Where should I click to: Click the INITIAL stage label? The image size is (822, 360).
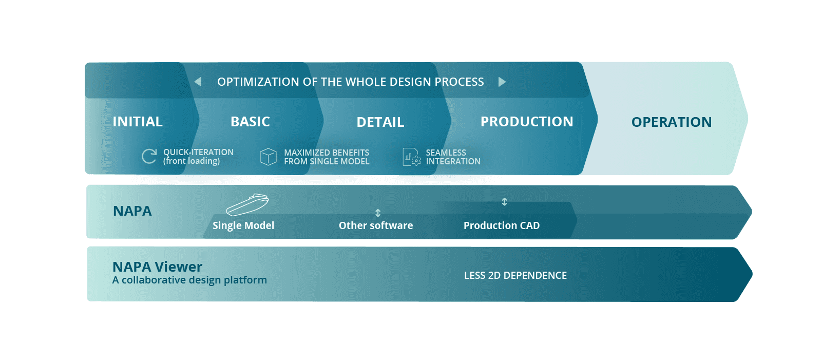138,122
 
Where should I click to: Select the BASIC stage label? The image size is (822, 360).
250,122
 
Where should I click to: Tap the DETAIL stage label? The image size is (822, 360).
380,122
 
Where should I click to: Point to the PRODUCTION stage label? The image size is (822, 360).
527,122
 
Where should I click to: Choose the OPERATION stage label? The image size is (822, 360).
672,122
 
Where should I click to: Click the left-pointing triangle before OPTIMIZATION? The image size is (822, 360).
198,82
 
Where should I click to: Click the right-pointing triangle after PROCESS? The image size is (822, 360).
502,82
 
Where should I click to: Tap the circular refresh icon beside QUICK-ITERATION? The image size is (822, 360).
149,156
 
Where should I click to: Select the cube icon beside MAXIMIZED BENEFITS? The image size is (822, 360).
268,157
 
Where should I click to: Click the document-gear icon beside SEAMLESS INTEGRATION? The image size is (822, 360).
412,157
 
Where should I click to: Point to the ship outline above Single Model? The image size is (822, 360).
247,205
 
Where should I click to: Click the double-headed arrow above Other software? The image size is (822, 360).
377,213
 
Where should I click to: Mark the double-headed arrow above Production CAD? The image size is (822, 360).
505,201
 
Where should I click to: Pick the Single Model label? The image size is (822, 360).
243,225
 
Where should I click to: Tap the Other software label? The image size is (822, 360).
376,225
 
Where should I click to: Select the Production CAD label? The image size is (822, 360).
502,225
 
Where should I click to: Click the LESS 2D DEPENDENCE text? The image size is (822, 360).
515,275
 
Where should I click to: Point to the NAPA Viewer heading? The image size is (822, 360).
158,267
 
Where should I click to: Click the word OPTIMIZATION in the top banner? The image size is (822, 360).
258,82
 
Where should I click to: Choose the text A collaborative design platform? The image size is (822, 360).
190,280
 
